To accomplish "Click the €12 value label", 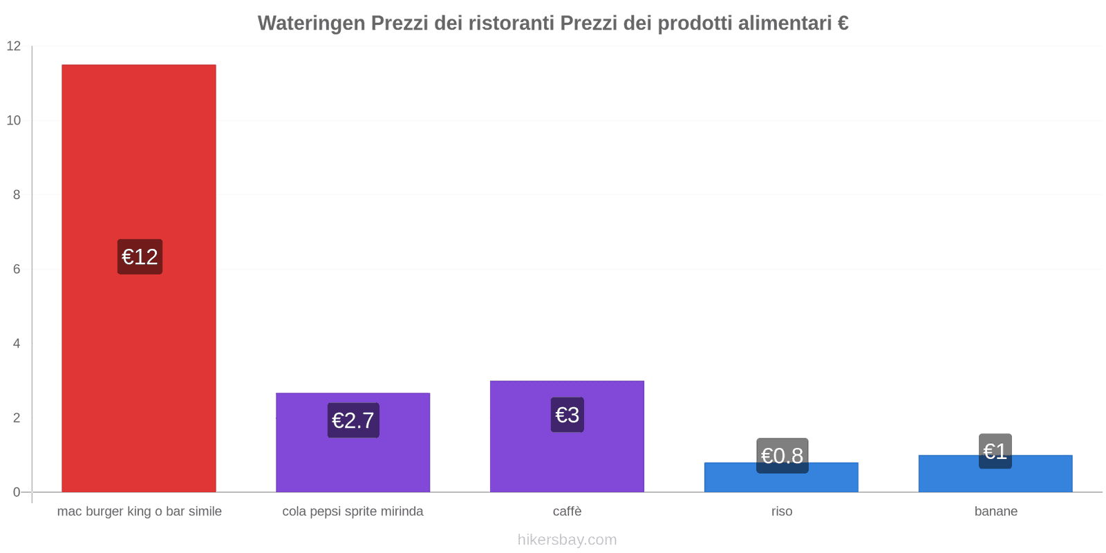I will click(x=140, y=256).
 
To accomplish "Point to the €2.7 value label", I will click(x=353, y=420).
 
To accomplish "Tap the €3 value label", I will click(x=568, y=415).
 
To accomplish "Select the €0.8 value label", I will click(x=782, y=456).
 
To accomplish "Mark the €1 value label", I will click(x=995, y=451).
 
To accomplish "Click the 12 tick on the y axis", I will click(x=14, y=46).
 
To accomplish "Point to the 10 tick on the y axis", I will click(x=14, y=120).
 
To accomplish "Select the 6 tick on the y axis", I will click(x=17, y=269).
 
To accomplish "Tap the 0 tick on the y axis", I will click(x=17, y=492).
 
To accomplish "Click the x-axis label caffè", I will click(x=568, y=512).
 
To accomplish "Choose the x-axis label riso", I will click(x=782, y=512).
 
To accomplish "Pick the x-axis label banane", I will click(x=996, y=512).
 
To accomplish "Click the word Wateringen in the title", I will click(x=312, y=24).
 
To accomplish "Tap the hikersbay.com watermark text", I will click(x=567, y=540).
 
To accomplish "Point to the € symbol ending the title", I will click(x=843, y=24).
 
